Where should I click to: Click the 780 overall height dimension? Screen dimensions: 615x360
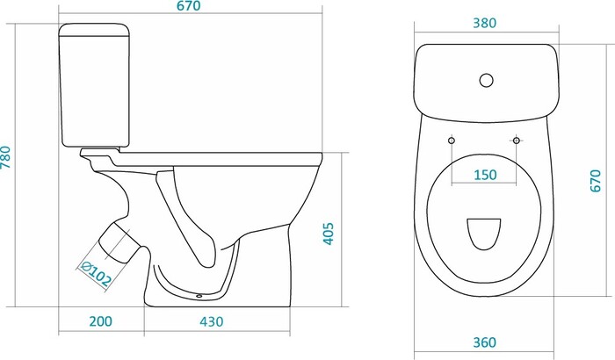pos(5,157)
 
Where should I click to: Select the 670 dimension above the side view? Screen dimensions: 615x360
pos(188,6)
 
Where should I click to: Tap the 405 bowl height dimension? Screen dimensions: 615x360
pos(329,234)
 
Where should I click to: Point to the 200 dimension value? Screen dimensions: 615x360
pos(100,321)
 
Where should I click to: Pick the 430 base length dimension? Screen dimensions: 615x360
pos(212,321)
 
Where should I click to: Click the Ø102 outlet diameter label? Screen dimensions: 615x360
pos(95,273)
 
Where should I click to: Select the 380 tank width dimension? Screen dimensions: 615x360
pos(484,23)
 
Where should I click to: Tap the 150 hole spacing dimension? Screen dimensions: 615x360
pos(485,175)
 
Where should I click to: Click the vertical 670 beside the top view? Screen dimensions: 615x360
pos(596,180)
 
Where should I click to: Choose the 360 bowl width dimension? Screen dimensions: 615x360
pos(484,342)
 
